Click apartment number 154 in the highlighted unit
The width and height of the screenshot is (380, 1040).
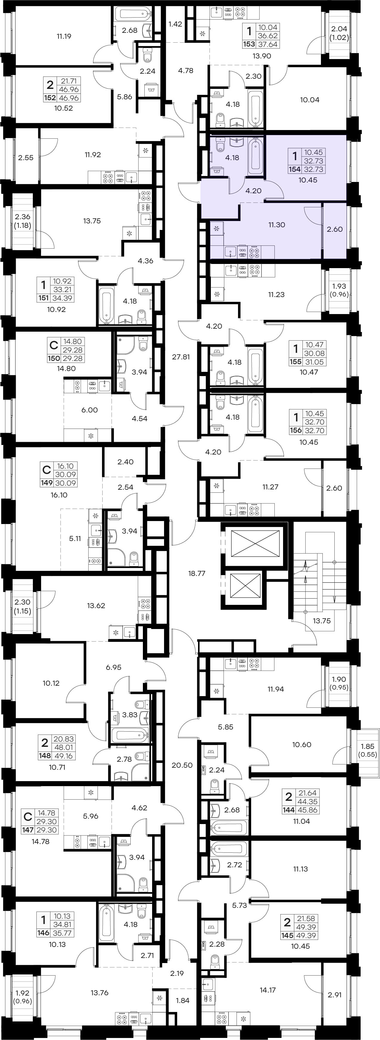click(294, 170)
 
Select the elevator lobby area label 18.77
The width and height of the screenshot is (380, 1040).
click(197, 573)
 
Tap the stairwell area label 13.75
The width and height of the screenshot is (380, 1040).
click(322, 621)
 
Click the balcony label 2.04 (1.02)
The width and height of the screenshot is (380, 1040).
click(339, 33)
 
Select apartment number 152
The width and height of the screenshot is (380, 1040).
click(50, 98)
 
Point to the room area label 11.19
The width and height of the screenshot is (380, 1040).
click(64, 36)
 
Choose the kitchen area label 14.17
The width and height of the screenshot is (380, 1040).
click(268, 990)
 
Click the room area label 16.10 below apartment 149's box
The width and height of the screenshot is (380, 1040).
click(59, 495)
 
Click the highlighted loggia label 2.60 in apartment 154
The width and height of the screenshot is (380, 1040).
click(335, 229)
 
